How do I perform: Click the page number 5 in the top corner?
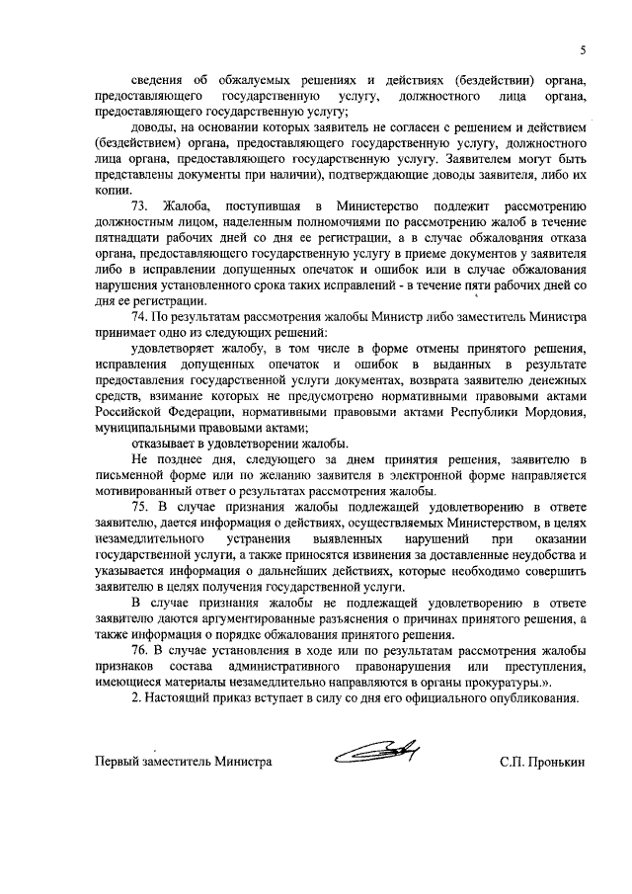pos(583,49)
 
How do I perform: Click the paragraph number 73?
pos(139,205)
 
